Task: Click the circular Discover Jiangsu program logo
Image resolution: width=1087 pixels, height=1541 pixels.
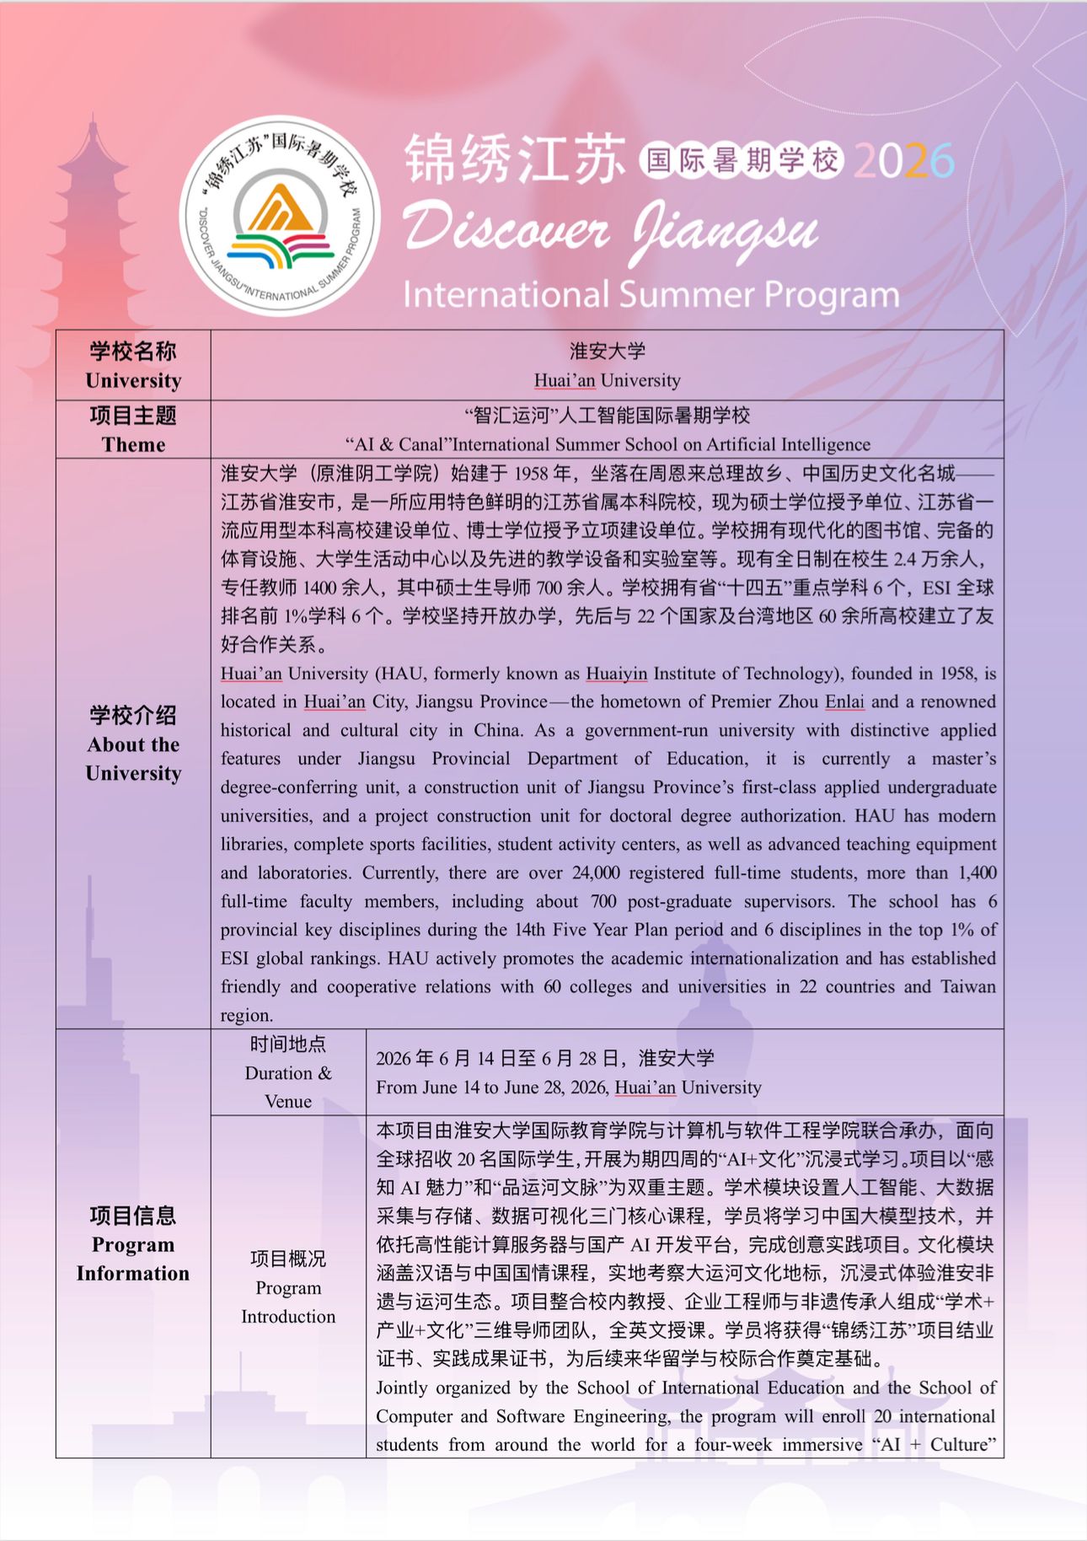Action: pyautogui.click(x=280, y=216)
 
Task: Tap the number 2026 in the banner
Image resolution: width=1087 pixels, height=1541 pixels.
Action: pyautogui.click(x=903, y=161)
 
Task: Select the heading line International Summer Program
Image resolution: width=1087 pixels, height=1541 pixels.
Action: pyautogui.click(x=651, y=295)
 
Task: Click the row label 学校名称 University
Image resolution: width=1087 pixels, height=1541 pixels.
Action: pyautogui.click(x=133, y=366)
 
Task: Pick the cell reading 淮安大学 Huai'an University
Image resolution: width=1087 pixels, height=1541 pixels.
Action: pyautogui.click(x=607, y=366)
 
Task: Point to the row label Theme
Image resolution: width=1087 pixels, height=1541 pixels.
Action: pyautogui.click(x=133, y=444)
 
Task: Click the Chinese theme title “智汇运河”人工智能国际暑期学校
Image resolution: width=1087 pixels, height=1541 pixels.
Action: pyautogui.click(x=607, y=416)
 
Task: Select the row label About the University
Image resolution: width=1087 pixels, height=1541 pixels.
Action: pyautogui.click(x=133, y=744)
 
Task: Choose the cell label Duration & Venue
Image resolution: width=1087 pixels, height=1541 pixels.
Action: pyautogui.click(x=288, y=1072)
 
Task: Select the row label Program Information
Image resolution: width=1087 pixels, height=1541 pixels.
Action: pyautogui.click(x=133, y=1244)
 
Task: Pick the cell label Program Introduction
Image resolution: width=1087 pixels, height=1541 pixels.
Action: pyautogui.click(x=288, y=1287)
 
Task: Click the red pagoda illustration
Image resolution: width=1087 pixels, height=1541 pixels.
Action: pyautogui.click(x=93, y=244)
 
